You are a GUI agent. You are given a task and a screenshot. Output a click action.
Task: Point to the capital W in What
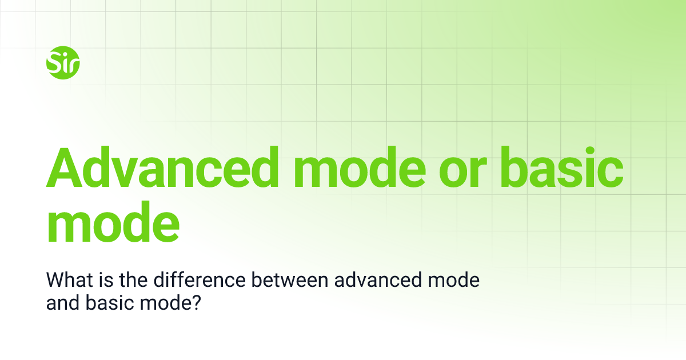[55, 281]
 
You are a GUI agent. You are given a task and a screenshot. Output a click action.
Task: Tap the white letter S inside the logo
[55, 61]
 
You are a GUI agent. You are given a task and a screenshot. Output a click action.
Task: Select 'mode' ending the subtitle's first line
[457, 281]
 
